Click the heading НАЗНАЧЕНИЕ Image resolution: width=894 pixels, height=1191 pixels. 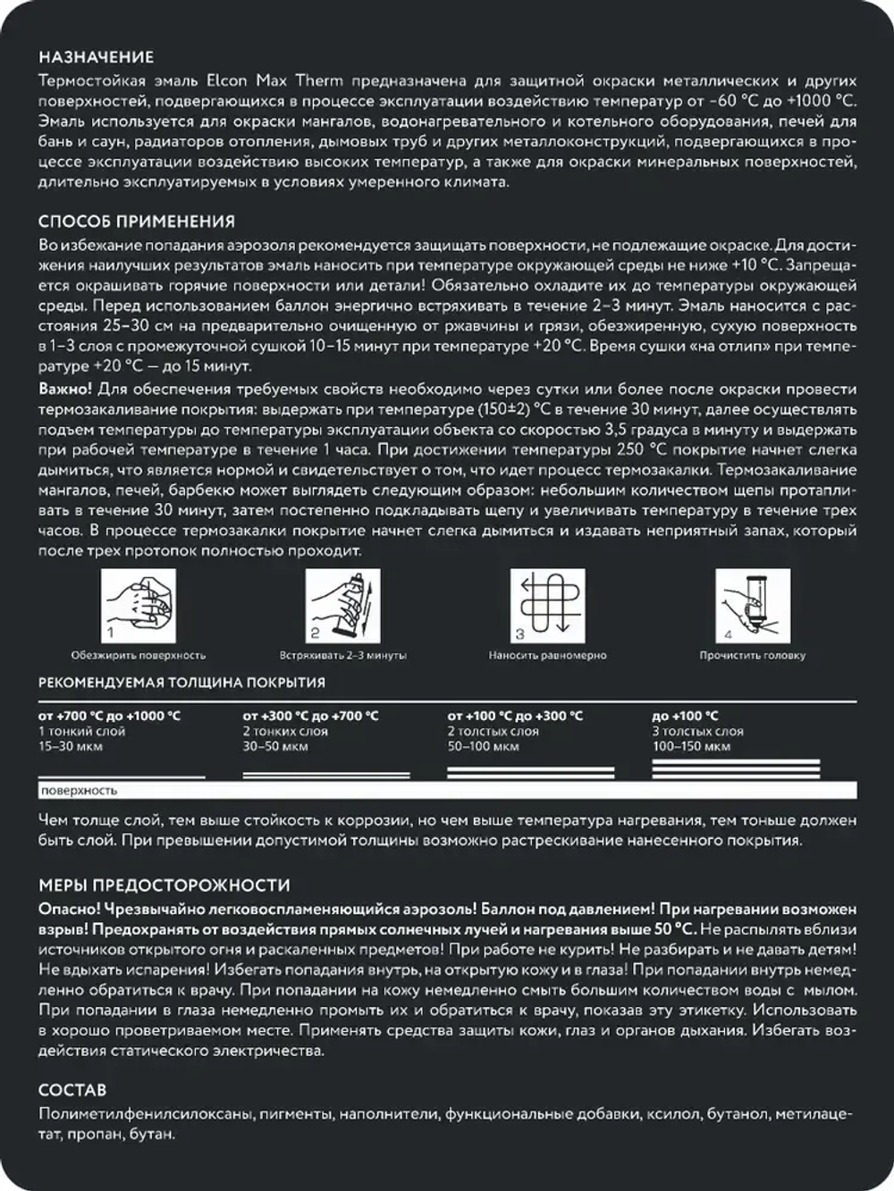(x=96, y=57)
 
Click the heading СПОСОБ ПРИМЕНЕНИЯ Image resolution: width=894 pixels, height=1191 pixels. (x=137, y=222)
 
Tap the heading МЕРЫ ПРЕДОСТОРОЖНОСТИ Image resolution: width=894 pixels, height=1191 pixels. (x=164, y=885)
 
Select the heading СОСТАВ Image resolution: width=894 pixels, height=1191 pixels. (x=72, y=1090)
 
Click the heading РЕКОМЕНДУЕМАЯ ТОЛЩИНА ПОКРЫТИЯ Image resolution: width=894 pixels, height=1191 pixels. (x=181, y=683)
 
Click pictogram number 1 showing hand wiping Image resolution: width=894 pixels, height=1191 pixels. (x=138, y=607)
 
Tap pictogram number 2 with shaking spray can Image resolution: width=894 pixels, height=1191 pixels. (x=342, y=607)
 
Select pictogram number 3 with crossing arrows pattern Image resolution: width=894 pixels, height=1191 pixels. (x=547, y=607)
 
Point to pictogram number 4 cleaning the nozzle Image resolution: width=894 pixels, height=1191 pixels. (x=752, y=607)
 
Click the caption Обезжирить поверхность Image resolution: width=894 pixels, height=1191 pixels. (x=138, y=656)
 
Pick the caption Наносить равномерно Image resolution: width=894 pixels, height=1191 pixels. (x=547, y=656)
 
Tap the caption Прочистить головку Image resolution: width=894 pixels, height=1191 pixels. (x=752, y=656)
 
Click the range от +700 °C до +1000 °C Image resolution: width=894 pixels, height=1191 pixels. (x=109, y=716)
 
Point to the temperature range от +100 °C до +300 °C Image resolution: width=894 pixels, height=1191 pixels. (x=515, y=716)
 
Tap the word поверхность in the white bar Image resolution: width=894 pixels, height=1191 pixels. (x=79, y=791)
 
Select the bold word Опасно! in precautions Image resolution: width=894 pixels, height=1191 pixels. (x=68, y=909)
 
